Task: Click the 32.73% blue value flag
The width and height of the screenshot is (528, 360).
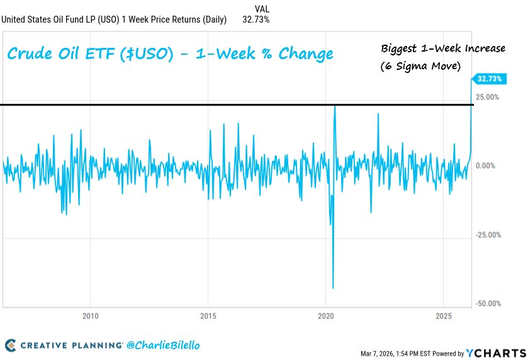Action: click(x=488, y=79)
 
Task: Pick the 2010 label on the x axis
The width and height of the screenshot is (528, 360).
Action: click(x=91, y=315)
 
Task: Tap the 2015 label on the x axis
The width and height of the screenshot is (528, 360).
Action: click(x=208, y=315)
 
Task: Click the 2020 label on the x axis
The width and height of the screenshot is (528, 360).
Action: click(x=326, y=315)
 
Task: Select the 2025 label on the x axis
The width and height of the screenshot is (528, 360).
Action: click(x=444, y=315)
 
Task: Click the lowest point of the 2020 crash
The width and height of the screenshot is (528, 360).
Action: click(x=333, y=288)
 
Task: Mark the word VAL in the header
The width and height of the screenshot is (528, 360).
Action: click(x=262, y=8)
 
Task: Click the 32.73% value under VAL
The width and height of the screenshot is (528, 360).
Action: click(x=256, y=20)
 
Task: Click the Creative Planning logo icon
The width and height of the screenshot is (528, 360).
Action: click(x=10, y=345)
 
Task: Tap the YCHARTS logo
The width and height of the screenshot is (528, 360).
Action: click(x=496, y=352)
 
